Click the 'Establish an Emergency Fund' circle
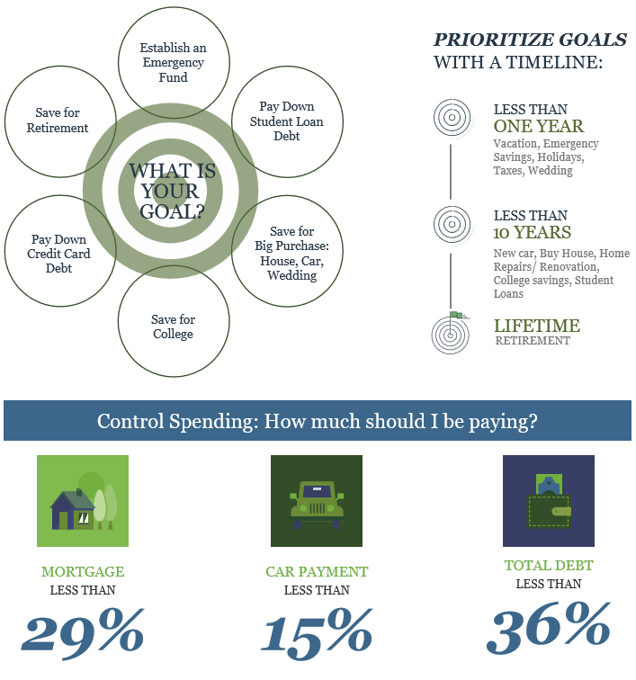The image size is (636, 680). click(172, 61)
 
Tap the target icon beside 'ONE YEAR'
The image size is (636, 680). click(451, 117)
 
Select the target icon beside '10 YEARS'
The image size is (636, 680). click(451, 222)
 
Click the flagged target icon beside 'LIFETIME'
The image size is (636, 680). click(451, 333)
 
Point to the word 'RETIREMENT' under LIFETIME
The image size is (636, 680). click(532, 341)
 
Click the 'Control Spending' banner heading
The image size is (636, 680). click(318, 421)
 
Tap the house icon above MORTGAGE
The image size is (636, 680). click(82, 501)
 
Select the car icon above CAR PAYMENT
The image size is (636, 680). click(316, 501)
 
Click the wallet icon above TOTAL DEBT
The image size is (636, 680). click(549, 501)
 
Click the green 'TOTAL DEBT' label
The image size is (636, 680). click(549, 566)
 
